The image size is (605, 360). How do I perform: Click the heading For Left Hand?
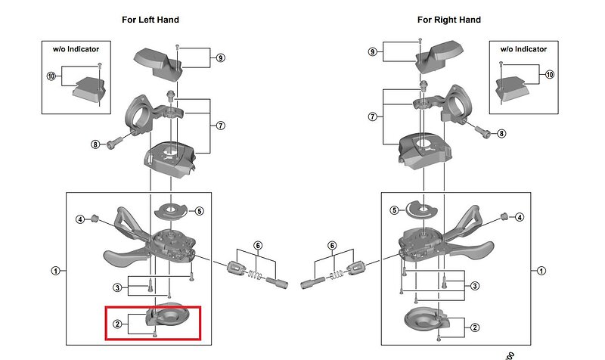coord(150,20)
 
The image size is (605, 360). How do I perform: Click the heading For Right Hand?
coord(448,20)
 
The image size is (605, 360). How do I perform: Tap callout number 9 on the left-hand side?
coord(220,57)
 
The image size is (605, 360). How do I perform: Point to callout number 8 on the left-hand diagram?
coord(95,144)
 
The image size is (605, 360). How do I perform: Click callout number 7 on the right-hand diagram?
coord(371,116)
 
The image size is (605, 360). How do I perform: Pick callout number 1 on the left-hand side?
coord(54,270)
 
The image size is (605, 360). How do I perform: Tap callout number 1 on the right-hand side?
coord(541,270)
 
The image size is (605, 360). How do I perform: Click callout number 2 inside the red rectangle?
coord(117,324)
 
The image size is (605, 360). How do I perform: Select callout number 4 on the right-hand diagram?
coord(520,217)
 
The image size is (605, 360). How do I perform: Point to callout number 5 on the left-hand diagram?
coord(199,211)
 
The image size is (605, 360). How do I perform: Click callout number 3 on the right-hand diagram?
coord(474,285)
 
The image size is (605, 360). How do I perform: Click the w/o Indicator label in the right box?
coord(523,49)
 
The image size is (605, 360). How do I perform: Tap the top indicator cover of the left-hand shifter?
coord(160,61)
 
